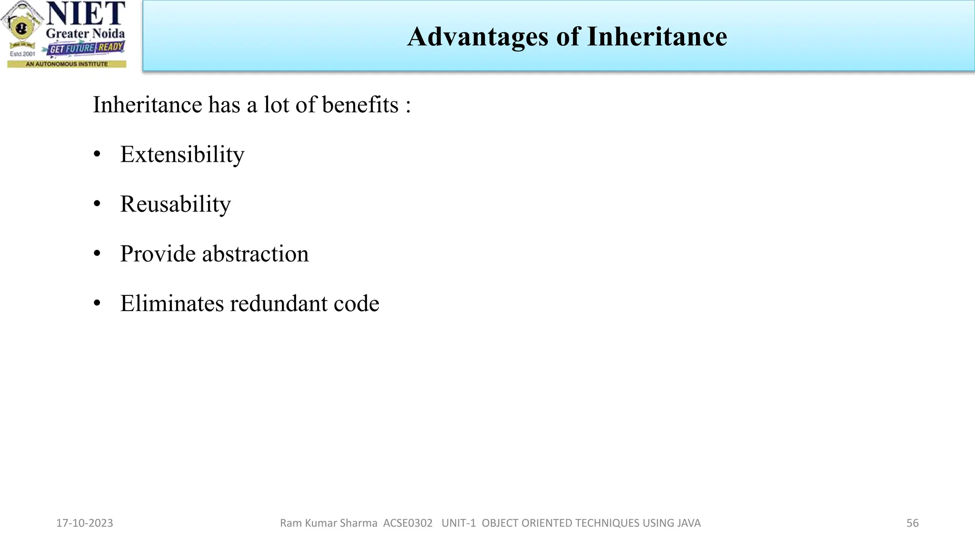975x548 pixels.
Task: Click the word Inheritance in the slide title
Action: (657, 37)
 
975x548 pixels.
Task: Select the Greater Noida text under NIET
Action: (85, 34)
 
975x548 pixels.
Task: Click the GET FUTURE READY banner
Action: (86, 48)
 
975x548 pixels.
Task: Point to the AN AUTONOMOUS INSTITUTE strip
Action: (67, 64)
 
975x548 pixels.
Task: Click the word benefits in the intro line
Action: (360, 105)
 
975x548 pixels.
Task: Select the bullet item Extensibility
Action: (182, 155)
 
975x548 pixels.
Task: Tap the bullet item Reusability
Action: (175, 204)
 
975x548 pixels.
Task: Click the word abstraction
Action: (255, 254)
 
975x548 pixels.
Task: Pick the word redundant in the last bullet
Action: (279, 303)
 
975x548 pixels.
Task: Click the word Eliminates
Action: (171, 303)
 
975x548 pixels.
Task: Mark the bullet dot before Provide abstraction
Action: (97, 254)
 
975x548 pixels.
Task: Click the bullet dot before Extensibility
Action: (97, 155)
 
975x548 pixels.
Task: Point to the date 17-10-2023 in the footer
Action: (85, 523)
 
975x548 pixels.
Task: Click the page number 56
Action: (912, 523)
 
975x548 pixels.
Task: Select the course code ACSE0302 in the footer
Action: (408, 523)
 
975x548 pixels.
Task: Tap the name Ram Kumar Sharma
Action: (328, 523)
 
